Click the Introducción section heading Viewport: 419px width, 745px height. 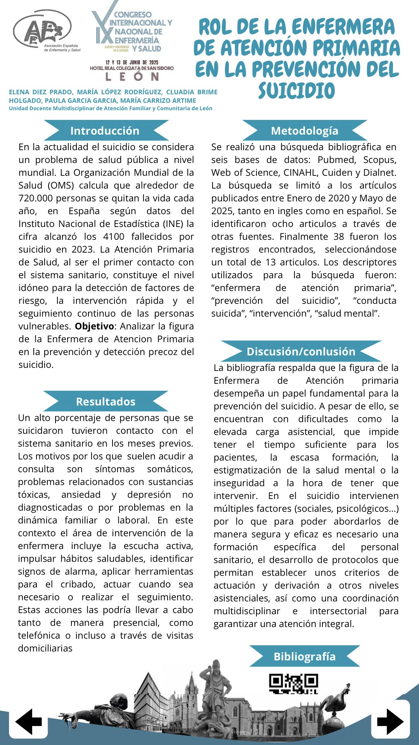tap(105, 131)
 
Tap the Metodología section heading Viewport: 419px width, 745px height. tap(305, 131)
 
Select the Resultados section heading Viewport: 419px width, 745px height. tap(106, 402)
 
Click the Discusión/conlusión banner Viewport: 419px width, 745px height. tap(301, 352)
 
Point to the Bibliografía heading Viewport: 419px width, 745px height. tap(305, 657)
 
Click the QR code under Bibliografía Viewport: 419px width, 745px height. tap(293, 684)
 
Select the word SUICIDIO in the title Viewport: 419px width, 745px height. tap(297, 91)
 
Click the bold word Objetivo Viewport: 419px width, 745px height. tap(94, 326)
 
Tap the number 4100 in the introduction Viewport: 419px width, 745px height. tap(114, 237)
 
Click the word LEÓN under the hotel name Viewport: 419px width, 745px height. tap(132, 77)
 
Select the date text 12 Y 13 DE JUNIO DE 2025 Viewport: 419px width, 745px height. tap(132, 62)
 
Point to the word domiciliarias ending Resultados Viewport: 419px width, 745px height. tap(45, 648)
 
